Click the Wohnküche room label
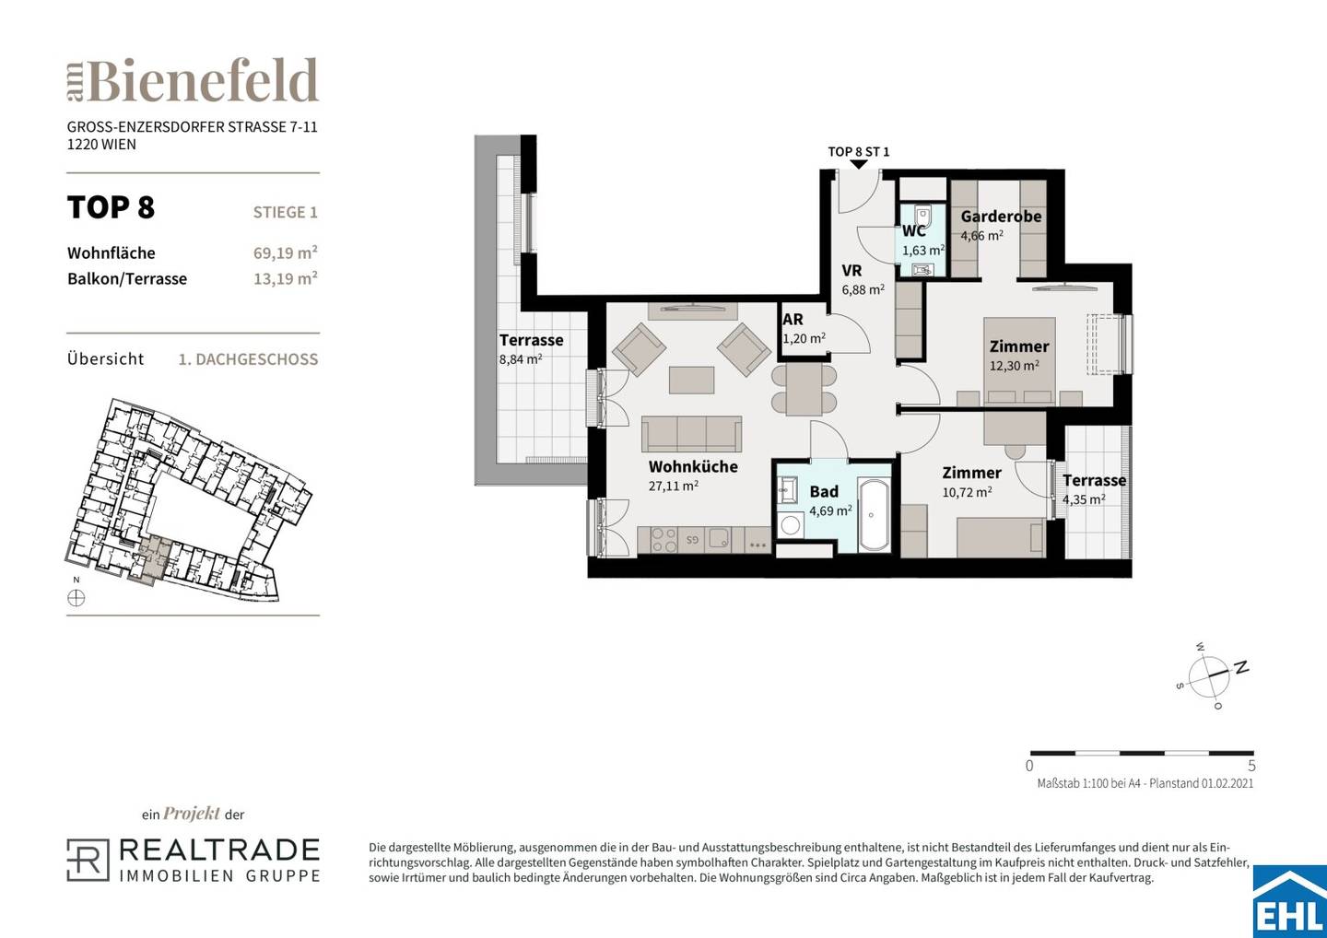tap(693, 466)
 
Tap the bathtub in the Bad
tap(874, 515)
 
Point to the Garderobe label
tap(1001, 217)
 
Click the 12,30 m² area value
tap(1015, 366)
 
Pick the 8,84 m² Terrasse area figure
tap(521, 359)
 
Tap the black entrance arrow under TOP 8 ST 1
tap(859, 165)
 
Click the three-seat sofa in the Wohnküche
tap(691, 434)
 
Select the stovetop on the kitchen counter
tap(664, 539)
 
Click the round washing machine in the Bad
tap(790, 524)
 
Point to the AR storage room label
tap(793, 320)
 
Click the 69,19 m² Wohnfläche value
tap(286, 252)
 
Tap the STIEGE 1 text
tap(286, 213)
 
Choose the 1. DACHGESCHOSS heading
tap(248, 359)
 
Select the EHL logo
tap(1290, 902)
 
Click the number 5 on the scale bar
tap(1251, 766)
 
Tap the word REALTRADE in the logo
tap(219, 850)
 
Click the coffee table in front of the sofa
tap(691, 381)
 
